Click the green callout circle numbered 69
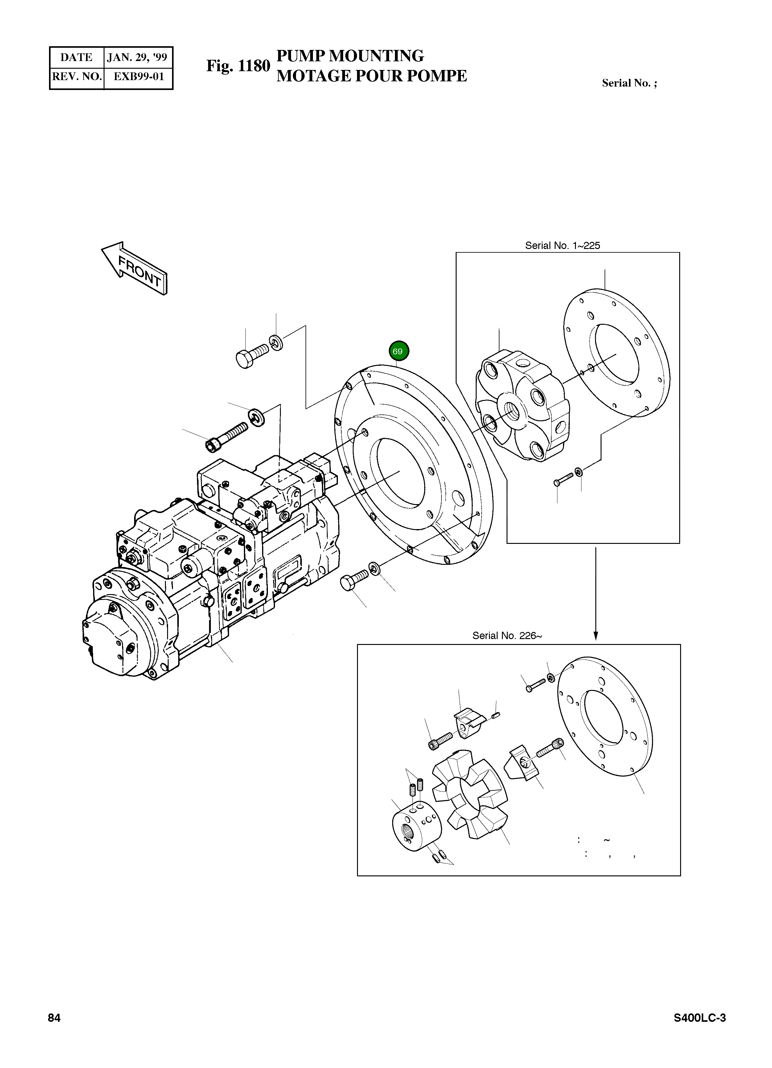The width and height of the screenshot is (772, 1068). click(x=398, y=351)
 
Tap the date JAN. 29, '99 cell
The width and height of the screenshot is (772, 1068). click(x=137, y=57)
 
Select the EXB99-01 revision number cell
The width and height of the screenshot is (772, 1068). click(x=138, y=77)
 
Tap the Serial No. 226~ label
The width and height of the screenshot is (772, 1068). click(x=507, y=636)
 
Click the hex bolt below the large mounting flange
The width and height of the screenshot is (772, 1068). click(x=353, y=581)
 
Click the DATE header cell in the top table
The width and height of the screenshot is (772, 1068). click(x=76, y=57)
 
